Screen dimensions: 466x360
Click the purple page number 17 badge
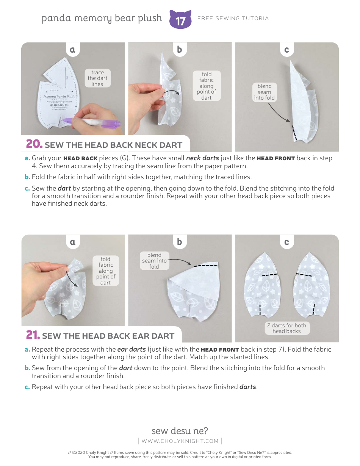tap(180, 20)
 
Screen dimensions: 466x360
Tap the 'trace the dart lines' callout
tap(97, 78)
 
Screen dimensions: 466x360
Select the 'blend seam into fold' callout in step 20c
tap(264, 92)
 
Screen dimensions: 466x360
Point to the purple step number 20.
tap(34, 144)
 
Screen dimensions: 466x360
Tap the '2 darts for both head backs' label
tap(286, 328)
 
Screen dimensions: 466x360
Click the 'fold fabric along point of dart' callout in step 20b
tap(207, 86)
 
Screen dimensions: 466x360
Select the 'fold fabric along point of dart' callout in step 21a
tap(106, 271)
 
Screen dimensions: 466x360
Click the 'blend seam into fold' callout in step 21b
tap(154, 261)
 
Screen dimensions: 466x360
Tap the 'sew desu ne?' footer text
tap(180, 431)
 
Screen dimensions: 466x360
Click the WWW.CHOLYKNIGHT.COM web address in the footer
tap(180, 441)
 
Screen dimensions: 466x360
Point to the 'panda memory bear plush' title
tap(102, 18)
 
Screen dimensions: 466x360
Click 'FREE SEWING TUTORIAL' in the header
tap(235, 18)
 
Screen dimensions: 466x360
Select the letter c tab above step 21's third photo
tap(286, 242)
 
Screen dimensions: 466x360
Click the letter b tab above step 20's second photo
tap(180, 49)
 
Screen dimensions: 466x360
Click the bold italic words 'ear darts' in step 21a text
tap(131, 349)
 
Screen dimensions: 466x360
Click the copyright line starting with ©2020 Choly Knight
tap(180, 452)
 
